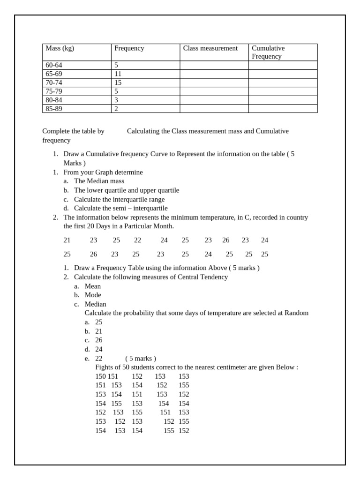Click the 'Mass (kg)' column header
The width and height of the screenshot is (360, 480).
60,48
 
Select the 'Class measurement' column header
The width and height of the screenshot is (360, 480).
210,48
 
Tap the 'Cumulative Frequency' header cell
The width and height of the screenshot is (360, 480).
268,52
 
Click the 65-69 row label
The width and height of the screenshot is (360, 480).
54,74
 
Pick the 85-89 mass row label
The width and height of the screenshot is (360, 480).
54,109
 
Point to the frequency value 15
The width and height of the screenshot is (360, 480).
118,82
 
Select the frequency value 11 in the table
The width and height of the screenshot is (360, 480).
118,74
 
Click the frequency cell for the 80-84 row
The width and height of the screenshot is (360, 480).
116,100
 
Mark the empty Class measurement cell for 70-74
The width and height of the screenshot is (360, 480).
214,82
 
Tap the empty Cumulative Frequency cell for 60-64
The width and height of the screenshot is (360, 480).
283,65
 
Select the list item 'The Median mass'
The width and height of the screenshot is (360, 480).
99,181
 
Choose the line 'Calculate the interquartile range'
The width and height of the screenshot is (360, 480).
119,199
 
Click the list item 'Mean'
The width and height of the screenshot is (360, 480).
93,286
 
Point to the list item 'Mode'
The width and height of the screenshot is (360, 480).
93,295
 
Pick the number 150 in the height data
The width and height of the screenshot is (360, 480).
101,376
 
